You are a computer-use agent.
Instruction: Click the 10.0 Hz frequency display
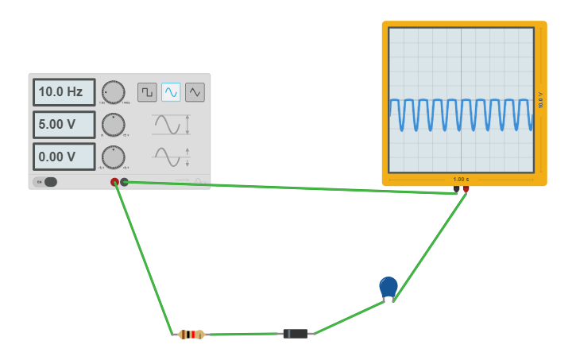coord(64,92)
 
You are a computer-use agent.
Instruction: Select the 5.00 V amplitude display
coord(64,125)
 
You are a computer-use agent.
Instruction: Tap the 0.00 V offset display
coord(64,157)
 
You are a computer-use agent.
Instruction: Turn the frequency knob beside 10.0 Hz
coord(114,92)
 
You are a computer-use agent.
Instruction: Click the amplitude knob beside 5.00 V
coord(114,125)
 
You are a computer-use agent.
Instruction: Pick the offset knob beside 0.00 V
coord(114,157)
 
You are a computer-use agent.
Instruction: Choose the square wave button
coord(147,92)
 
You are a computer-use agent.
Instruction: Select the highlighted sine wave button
coord(171,92)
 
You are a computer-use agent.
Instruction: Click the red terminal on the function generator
coord(114,182)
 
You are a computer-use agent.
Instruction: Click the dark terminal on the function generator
coord(125,182)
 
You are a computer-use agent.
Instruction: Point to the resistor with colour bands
coord(191,335)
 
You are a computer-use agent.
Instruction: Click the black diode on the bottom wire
coord(296,334)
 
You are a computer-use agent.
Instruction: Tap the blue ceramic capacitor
coord(389,288)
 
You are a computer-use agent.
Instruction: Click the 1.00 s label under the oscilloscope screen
coord(461,179)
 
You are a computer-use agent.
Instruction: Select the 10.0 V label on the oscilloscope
coord(541,100)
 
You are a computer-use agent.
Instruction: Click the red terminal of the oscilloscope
coord(466,189)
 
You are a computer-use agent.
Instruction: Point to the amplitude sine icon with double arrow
coord(171,125)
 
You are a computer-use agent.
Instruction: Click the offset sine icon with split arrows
coord(171,157)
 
